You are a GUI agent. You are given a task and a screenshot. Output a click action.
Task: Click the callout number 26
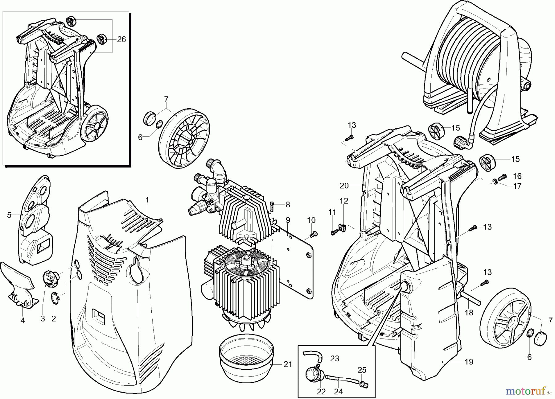121,39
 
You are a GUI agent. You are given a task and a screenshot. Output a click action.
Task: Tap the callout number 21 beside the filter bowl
287,364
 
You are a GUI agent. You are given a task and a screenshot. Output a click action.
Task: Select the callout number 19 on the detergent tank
469,362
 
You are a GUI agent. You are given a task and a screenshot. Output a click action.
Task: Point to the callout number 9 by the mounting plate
288,220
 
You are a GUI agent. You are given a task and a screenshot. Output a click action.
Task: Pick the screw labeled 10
313,235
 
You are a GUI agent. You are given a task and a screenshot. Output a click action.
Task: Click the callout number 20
344,185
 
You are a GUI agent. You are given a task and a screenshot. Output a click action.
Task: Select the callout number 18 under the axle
469,313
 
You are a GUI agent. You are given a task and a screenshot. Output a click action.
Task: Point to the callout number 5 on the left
9,215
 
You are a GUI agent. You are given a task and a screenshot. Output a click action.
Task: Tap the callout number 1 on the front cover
147,200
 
